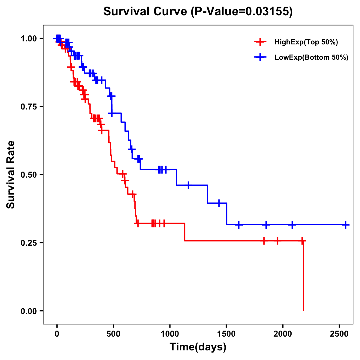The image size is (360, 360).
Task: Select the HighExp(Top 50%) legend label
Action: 306,42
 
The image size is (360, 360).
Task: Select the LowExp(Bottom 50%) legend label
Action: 311,58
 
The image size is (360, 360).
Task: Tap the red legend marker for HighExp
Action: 260,42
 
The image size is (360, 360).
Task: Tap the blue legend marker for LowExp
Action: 260,57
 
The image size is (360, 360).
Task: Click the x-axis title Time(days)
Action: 198,347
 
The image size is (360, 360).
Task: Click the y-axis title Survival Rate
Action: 11,175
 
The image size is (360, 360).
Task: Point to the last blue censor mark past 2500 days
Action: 346,225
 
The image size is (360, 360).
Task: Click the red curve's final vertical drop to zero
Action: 303,276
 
